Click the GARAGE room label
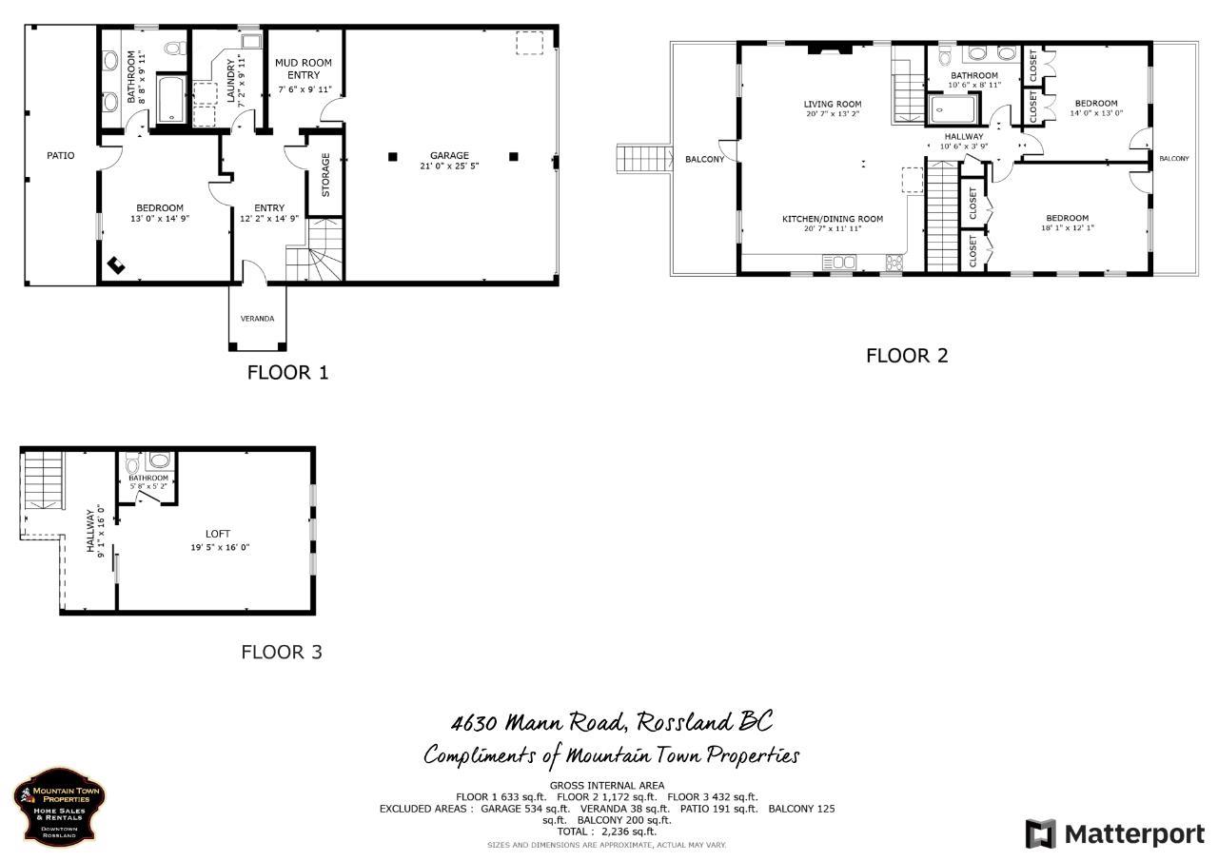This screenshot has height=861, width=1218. (449, 155)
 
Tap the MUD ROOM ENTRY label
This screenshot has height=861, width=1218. (304, 68)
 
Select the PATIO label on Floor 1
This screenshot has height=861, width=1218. (61, 155)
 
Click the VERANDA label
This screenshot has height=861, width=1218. (257, 319)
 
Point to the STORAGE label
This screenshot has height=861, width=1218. (325, 175)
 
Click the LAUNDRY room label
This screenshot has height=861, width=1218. (231, 81)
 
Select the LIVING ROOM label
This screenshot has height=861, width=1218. (832, 105)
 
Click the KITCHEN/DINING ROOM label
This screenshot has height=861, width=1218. (832, 219)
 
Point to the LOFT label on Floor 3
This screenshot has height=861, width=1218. (218, 534)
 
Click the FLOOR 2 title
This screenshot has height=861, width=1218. (906, 356)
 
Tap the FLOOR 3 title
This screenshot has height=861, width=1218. (281, 652)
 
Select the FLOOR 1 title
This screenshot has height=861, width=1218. (287, 372)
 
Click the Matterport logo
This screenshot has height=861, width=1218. (1114, 834)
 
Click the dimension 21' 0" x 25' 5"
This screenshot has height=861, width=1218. (449, 166)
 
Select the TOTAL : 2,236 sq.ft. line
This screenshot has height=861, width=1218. (606, 831)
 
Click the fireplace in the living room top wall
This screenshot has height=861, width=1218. (824, 49)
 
